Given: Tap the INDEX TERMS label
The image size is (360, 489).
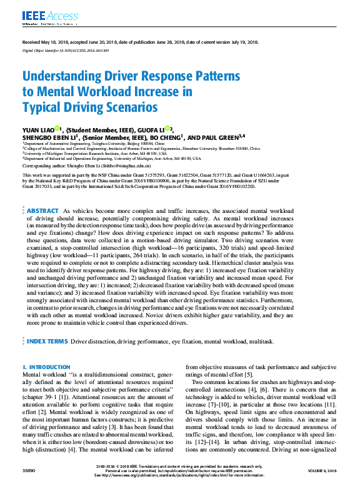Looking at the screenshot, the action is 47,342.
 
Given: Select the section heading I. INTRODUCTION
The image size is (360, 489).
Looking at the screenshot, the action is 47,367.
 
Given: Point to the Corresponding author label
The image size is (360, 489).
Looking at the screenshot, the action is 43,165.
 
